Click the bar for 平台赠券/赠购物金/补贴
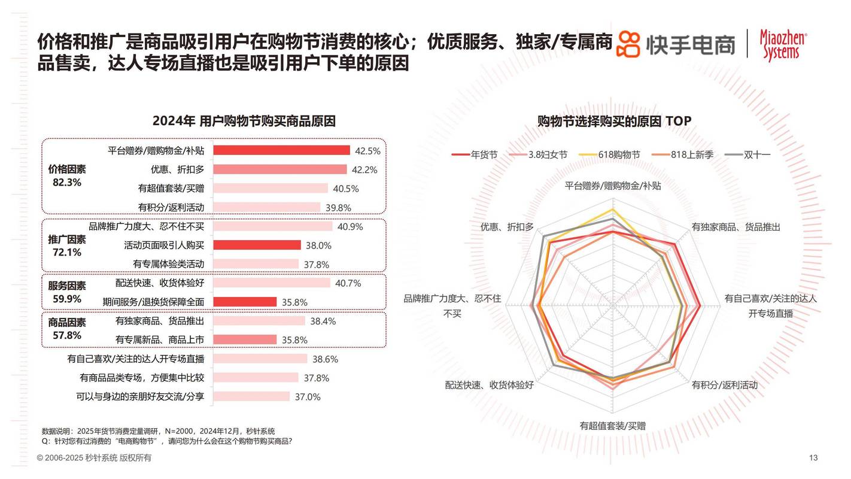[x=281, y=150]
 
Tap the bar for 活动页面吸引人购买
[x=257, y=245]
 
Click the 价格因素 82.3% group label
[x=67, y=175]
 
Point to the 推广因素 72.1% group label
[x=67, y=245]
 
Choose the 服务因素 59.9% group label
[x=67, y=292]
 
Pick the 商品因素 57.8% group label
[x=67, y=329]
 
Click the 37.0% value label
[x=308, y=396]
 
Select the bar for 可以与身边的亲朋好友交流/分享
[x=251, y=396]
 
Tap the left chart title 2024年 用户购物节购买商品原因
[x=244, y=121]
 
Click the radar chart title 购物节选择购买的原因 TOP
[x=614, y=121]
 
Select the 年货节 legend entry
[x=475, y=154]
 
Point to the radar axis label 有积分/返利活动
[x=724, y=385]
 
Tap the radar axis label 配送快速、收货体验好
[x=489, y=385]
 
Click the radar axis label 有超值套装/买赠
[x=612, y=426]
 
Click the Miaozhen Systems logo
[x=783, y=44]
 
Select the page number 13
[x=813, y=458]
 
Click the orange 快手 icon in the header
[x=629, y=44]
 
